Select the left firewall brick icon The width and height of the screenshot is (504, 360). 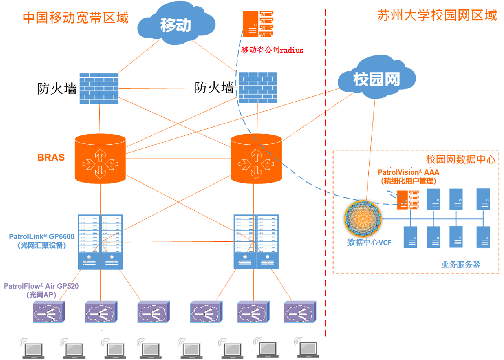[x=99, y=88]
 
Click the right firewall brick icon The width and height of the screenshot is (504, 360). [x=258, y=88]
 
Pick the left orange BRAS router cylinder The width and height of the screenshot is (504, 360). [x=100, y=159]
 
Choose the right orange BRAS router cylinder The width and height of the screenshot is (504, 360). [x=256, y=159]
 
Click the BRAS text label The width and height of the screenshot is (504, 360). [x=51, y=157]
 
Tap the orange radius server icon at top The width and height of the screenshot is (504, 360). [x=258, y=24]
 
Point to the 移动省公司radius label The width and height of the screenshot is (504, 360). [x=272, y=50]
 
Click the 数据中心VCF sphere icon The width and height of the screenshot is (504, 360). [x=363, y=218]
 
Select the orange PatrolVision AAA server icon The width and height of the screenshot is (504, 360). [x=408, y=200]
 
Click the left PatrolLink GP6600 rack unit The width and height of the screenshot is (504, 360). [x=100, y=242]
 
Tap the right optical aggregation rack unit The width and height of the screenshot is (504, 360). [x=256, y=242]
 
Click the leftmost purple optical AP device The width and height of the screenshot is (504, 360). [x=49, y=312]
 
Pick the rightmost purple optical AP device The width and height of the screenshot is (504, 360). [x=300, y=312]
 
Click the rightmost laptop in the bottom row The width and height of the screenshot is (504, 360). [x=308, y=348]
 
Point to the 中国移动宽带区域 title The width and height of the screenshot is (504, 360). [x=76, y=18]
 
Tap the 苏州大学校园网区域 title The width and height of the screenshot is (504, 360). [x=437, y=15]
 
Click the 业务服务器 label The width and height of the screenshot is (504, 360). [x=460, y=264]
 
